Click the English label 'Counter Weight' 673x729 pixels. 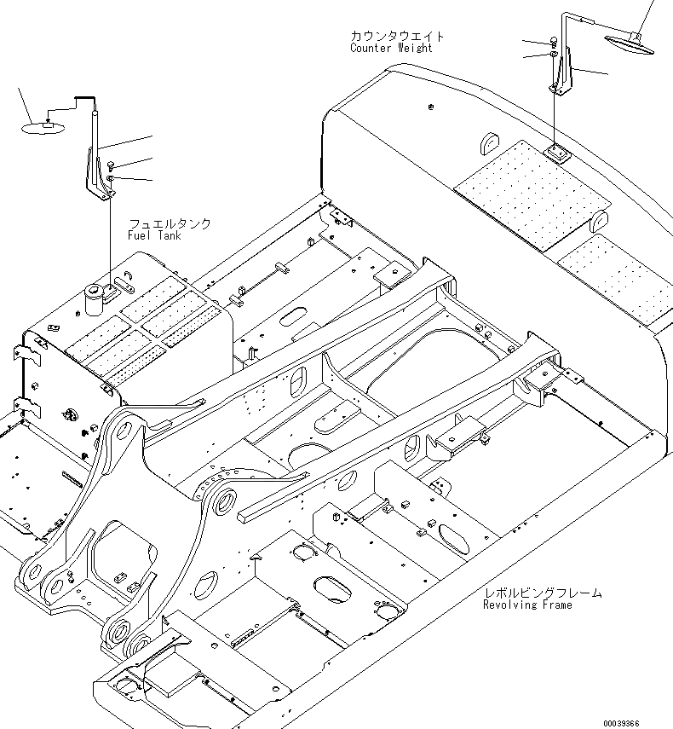(x=391, y=48)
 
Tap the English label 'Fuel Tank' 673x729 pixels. (x=153, y=235)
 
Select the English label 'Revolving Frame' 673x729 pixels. (x=527, y=605)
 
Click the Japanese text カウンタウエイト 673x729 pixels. (x=397, y=37)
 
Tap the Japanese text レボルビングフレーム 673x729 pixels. (x=542, y=593)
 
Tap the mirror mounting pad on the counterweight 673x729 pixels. (x=559, y=153)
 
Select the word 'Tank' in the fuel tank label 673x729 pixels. (x=167, y=235)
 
